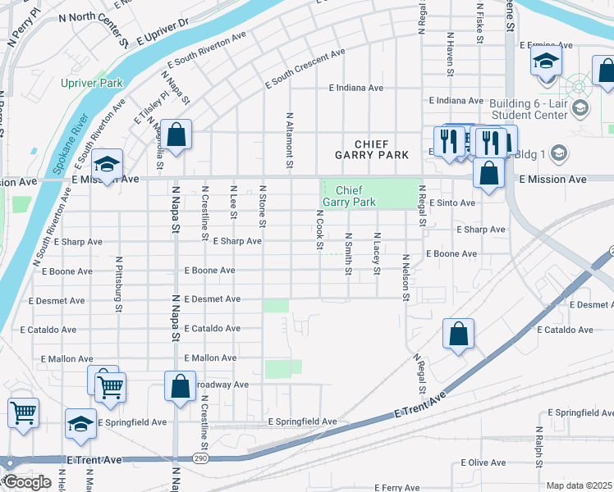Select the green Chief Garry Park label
(349, 196)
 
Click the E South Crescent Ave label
(305, 70)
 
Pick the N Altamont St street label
(289, 136)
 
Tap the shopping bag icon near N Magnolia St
(176, 133)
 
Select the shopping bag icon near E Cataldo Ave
(459, 333)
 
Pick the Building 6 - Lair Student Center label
(529, 109)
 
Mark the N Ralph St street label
(538, 447)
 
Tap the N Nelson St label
(406, 277)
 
